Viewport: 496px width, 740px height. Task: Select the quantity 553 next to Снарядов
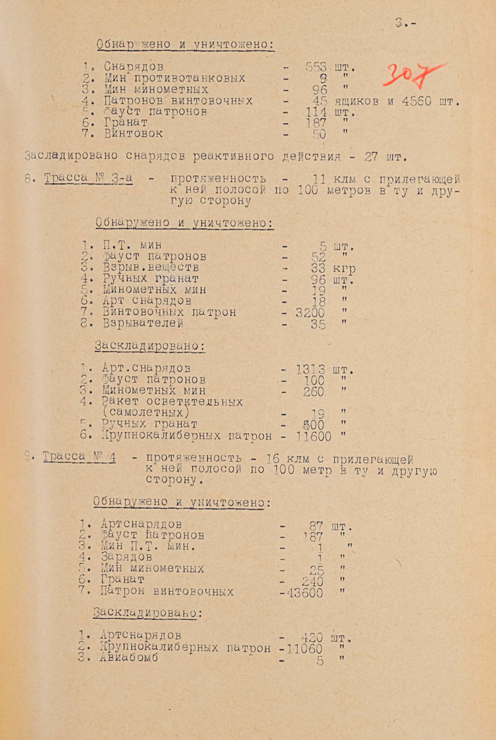pos(316,67)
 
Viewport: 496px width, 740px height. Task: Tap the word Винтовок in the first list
pos(133,134)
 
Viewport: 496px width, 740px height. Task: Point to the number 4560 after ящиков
pos(417,101)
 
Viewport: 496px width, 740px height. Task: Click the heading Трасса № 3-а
pos(88,178)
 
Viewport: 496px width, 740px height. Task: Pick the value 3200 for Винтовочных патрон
pos(310,313)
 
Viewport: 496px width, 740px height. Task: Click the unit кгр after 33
pos(344,269)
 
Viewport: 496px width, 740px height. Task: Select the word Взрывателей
pos(143,323)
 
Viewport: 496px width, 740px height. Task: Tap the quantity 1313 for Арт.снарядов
pos(311,369)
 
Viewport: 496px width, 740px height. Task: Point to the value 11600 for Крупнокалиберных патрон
pos(314,437)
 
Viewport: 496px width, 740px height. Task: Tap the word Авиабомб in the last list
pos(129,657)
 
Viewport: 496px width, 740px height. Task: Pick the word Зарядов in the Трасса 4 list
pos(126,557)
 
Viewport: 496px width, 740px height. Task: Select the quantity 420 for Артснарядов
pos(312,638)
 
